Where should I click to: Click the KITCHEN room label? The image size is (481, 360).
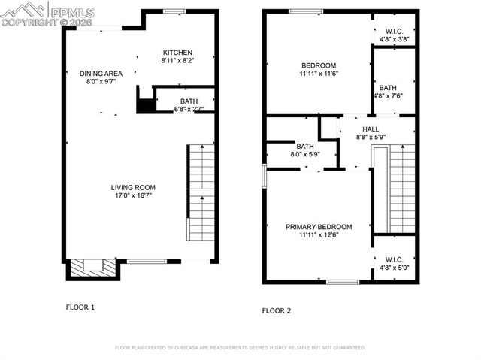[177, 52]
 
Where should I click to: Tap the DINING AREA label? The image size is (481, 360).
[100, 73]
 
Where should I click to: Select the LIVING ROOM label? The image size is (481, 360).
[133, 188]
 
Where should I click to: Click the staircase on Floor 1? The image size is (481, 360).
[200, 192]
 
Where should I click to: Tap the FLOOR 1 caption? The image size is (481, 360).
[80, 307]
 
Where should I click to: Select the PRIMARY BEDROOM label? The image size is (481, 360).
[319, 226]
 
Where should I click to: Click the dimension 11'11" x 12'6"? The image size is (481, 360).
[319, 234]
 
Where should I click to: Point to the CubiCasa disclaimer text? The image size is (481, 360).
[240, 348]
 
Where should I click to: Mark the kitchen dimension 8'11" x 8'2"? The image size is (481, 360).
[177, 61]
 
